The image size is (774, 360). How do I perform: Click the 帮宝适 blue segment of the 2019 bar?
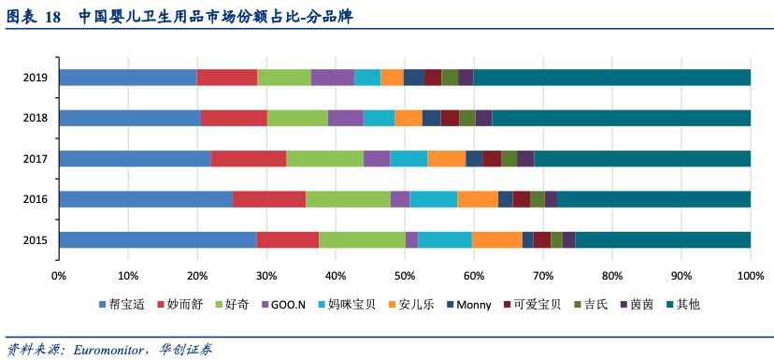[127, 78]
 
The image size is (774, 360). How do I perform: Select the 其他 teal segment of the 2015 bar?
[662, 240]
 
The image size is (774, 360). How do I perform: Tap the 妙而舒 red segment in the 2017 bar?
[248, 159]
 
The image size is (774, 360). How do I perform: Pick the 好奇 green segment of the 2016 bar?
[348, 199]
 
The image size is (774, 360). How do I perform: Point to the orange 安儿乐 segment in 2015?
[496, 240]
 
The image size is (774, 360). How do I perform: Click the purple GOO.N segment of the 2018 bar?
[345, 118]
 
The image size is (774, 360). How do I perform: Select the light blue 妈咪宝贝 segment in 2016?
[433, 199]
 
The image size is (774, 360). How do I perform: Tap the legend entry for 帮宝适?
[125, 304]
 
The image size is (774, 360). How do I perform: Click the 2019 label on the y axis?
[36, 78]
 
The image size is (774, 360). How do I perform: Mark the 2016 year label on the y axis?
[36, 199]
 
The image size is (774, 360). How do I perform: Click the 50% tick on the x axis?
[404, 276]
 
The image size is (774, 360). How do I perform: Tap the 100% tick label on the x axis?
[750, 276]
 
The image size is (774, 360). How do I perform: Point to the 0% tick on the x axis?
[58, 276]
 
